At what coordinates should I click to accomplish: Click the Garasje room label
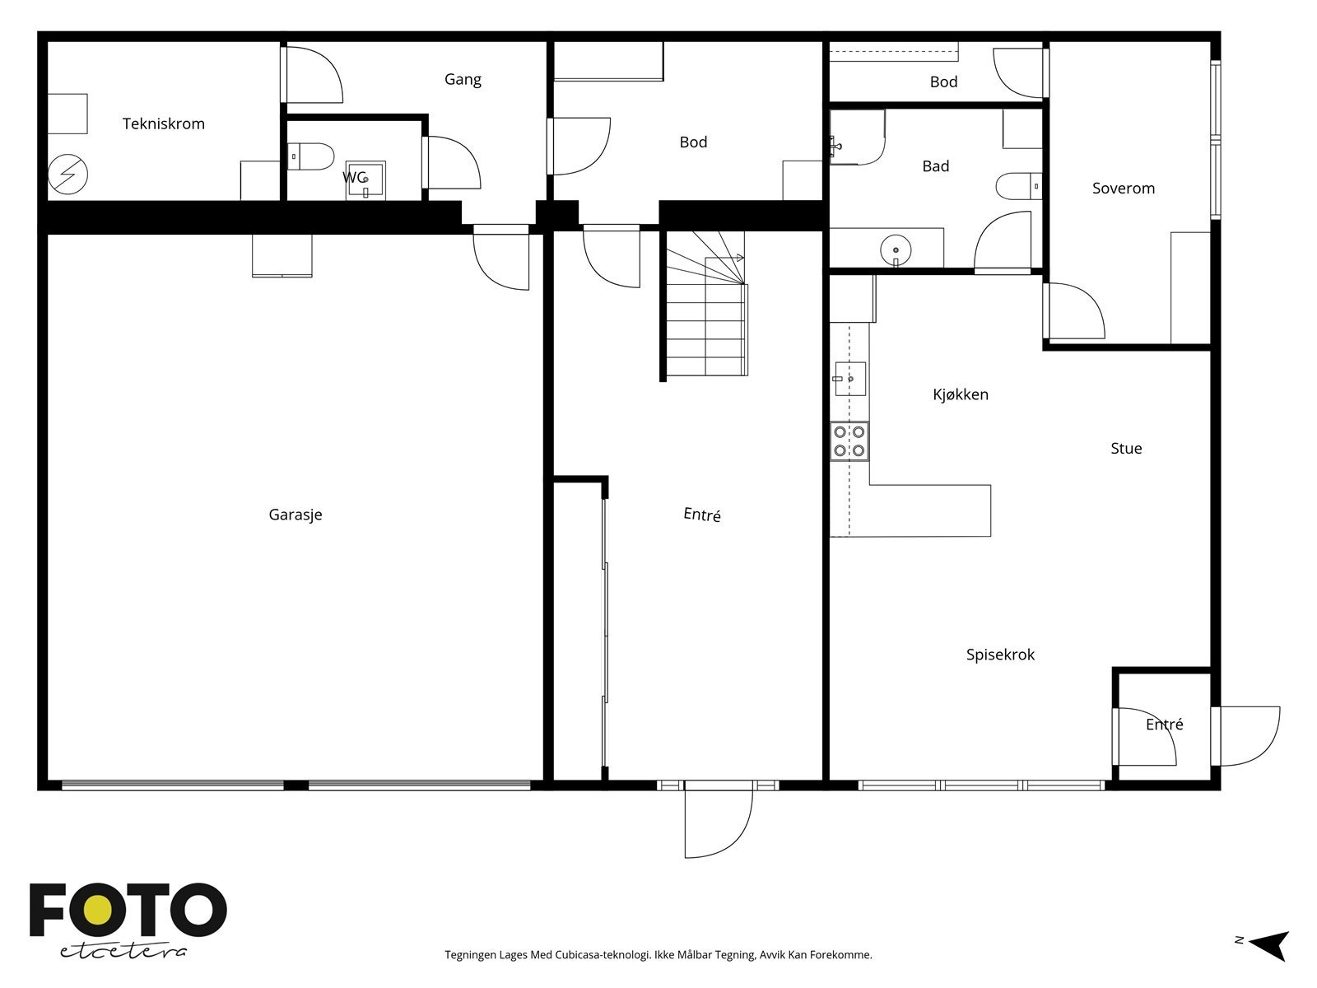point(296,515)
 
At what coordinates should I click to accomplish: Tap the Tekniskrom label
point(164,123)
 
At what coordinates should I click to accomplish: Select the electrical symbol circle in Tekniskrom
point(67,175)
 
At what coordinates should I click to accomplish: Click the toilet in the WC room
point(310,156)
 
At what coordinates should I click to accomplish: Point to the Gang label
point(463,80)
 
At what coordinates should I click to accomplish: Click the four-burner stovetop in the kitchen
point(849,441)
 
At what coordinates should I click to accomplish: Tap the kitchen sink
point(849,379)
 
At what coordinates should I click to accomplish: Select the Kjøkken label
point(960,394)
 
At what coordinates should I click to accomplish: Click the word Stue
point(1125,448)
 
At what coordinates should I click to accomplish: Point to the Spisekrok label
point(1000,655)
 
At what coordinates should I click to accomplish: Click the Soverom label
point(1124,189)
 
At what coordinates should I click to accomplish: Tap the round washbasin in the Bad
point(896,249)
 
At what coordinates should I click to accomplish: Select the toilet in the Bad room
point(1019,186)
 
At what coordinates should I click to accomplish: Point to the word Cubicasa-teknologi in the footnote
point(603,954)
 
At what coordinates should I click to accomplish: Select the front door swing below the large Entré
point(719,819)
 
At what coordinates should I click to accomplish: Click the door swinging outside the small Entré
point(1246,737)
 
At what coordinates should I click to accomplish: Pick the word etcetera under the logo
point(123,952)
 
